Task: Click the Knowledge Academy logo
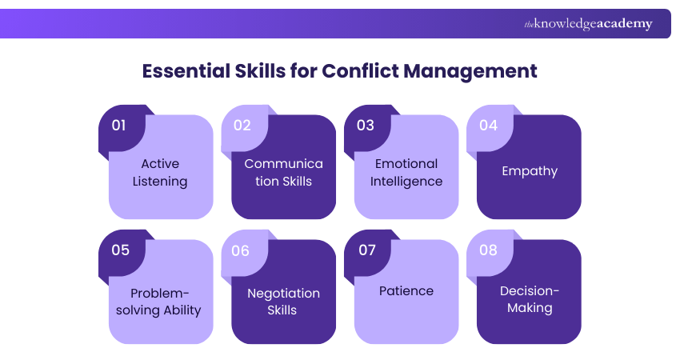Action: click(x=588, y=24)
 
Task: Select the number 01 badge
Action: click(x=119, y=125)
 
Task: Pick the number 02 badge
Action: click(x=242, y=125)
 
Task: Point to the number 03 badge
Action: click(x=365, y=125)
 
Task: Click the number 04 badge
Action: click(x=488, y=125)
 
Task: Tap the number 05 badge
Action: click(x=120, y=250)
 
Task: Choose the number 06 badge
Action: click(x=241, y=250)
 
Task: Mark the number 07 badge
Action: click(x=366, y=250)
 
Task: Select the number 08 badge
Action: click(x=488, y=250)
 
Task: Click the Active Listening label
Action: click(x=160, y=173)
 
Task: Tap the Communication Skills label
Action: click(x=284, y=173)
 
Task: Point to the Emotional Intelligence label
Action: click(x=406, y=173)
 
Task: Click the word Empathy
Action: click(x=530, y=170)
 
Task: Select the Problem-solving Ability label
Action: click(x=160, y=301)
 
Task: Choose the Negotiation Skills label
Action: click(x=284, y=302)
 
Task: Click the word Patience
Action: click(x=406, y=291)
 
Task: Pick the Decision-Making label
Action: click(x=530, y=299)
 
